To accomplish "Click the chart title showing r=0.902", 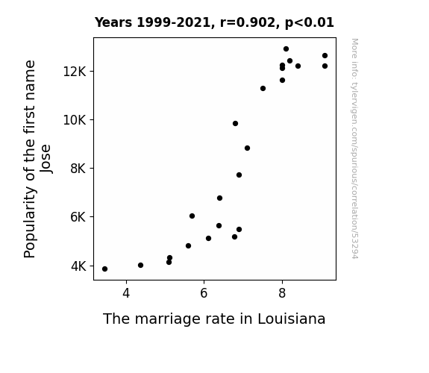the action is pyautogui.click(x=214, y=22).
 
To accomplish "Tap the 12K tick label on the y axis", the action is pyautogui.click(x=75, y=72).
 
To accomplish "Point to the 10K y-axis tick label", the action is pyautogui.click(x=75, y=120).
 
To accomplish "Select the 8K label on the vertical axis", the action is pyautogui.click(x=78, y=169).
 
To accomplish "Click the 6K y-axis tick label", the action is pyautogui.click(x=78, y=217).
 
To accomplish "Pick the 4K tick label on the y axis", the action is pyautogui.click(x=78, y=266).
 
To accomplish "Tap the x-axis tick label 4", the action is pyautogui.click(x=126, y=293).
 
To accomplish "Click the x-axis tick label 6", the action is pyautogui.click(x=204, y=293).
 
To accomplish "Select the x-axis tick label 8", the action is pyautogui.click(x=282, y=293).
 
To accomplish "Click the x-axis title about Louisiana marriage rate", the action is pyautogui.click(x=214, y=319).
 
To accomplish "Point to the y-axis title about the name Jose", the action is pyautogui.click(x=37, y=159).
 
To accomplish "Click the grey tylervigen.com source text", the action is pyautogui.click(x=354, y=148).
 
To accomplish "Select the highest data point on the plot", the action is pyautogui.click(x=286, y=49).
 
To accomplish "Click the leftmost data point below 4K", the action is pyautogui.click(x=104, y=269).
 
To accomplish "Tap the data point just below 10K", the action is pyautogui.click(x=235, y=123).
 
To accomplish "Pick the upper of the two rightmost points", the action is pyautogui.click(x=325, y=55).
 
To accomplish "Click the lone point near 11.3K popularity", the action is pyautogui.click(x=263, y=88).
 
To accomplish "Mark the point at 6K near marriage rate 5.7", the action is pyautogui.click(x=192, y=216).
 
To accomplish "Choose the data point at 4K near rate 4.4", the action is pyautogui.click(x=140, y=265).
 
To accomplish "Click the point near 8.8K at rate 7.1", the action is pyautogui.click(x=248, y=148).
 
